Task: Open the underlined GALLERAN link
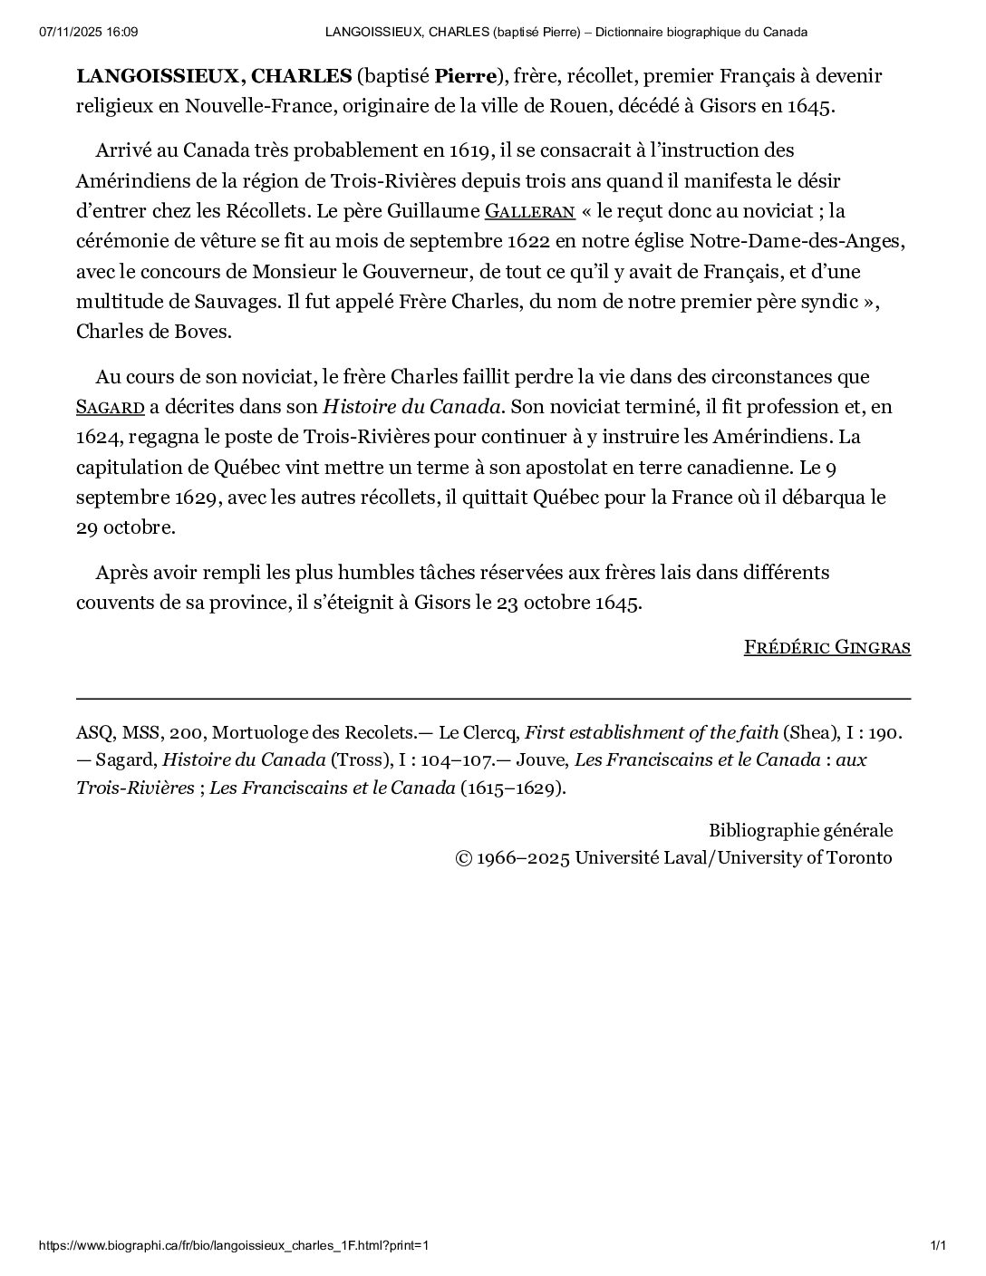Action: [530, 212]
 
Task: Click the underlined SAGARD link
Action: [110, 407]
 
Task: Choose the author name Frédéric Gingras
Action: [826, 647]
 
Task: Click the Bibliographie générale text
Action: [800, 830]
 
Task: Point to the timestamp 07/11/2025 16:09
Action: [88, 33]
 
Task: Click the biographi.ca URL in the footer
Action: [234, 1246]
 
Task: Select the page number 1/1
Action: [938, 1246]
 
